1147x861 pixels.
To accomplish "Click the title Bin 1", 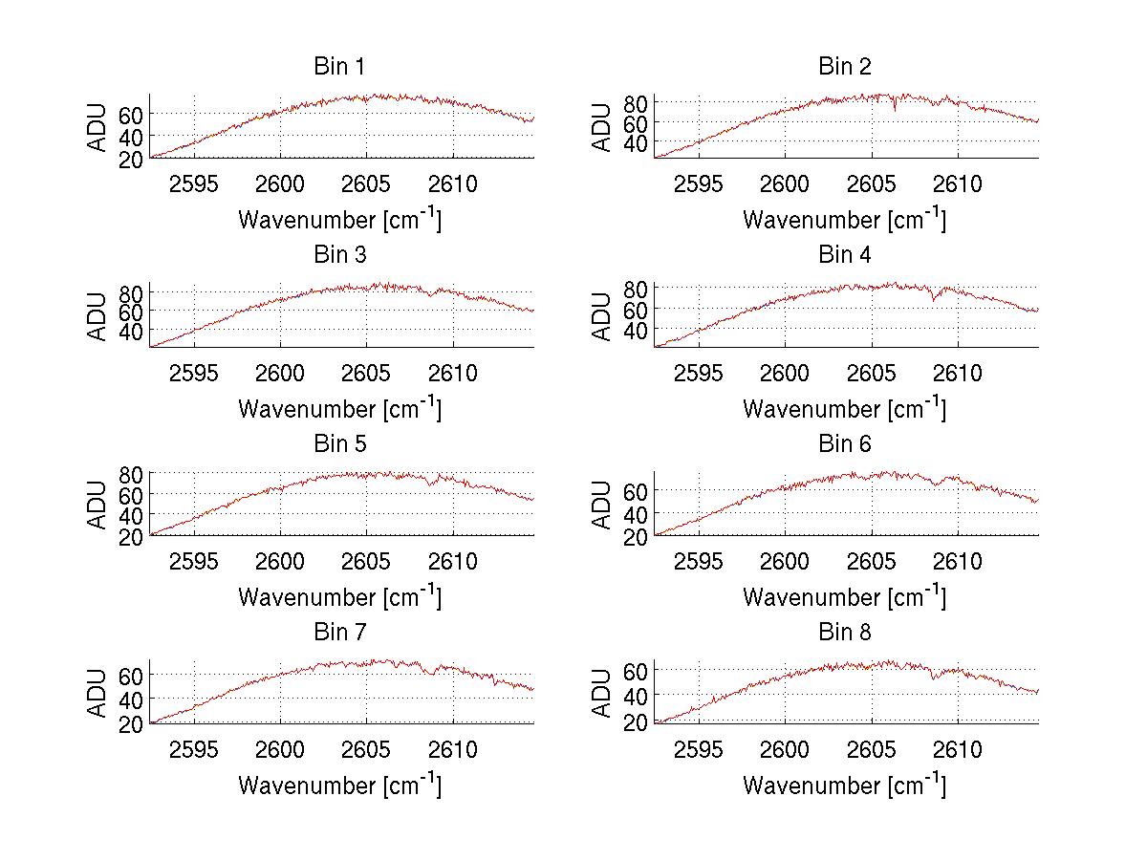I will point(339,67).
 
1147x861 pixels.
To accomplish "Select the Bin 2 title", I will point(845,67).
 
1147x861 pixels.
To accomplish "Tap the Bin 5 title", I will point(339,444).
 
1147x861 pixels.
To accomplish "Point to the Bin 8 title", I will point(845,633).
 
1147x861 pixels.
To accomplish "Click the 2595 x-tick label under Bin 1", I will point(195,184).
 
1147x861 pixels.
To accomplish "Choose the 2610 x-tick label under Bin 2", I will point(958,184).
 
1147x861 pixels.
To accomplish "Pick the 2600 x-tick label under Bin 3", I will point(280,373).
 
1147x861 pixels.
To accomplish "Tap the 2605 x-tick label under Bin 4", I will point(872,373).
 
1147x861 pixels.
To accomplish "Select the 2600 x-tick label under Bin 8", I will point(786,749).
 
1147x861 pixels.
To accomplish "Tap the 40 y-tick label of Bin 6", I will point(636,514).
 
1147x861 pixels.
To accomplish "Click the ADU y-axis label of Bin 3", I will point(98,315).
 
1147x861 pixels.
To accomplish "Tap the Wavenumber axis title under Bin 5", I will point(339,597).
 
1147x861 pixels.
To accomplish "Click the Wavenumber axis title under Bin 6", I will point(845,597).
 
